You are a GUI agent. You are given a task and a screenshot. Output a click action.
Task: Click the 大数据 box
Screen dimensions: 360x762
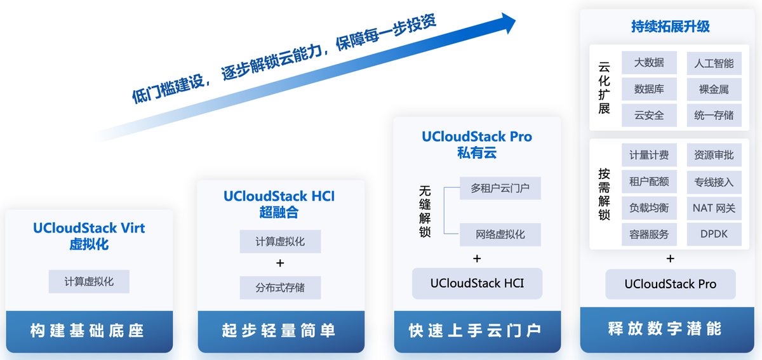tap(649, 63)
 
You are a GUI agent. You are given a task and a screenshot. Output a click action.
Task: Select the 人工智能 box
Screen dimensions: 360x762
tap(714, 63)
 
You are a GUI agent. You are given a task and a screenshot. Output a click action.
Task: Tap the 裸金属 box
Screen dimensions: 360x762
tap(714, 90)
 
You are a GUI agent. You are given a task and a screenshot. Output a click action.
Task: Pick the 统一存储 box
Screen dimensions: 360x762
tap(714, 116)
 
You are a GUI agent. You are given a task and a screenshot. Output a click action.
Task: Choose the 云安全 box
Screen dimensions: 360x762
tap(649, 116)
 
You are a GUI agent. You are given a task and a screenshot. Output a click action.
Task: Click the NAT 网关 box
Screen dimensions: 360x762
tap(714, 208)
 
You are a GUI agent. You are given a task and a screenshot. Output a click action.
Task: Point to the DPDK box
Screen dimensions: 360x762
tap(714, 234)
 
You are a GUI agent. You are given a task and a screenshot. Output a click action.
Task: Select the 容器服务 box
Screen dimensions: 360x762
tap(649, 234)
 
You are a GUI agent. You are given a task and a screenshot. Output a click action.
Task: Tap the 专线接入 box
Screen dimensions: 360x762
tap(714, 182)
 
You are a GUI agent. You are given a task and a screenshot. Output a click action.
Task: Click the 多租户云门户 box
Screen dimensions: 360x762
tap(500, 189)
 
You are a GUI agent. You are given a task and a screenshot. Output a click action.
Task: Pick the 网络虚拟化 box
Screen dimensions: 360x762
tap(500, 234)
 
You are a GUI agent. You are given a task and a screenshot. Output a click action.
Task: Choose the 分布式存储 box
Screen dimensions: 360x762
tap(280, 288)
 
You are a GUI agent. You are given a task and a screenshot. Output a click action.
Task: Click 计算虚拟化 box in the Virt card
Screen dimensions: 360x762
tap(89, 281)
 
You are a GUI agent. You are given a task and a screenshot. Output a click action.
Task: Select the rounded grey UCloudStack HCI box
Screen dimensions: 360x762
tap(478, 283)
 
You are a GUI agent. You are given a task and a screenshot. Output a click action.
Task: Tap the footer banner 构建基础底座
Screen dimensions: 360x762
tap(89, 331)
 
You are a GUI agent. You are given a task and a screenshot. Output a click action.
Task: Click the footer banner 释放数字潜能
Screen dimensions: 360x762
tap(665, 329)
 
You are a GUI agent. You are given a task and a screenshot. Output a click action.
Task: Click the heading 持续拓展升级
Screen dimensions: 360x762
tap(671, 27)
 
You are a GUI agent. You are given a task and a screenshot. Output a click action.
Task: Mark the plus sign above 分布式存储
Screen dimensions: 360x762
tap(280, 263)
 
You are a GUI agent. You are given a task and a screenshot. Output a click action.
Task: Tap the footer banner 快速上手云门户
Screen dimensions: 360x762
tap(476, 331)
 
